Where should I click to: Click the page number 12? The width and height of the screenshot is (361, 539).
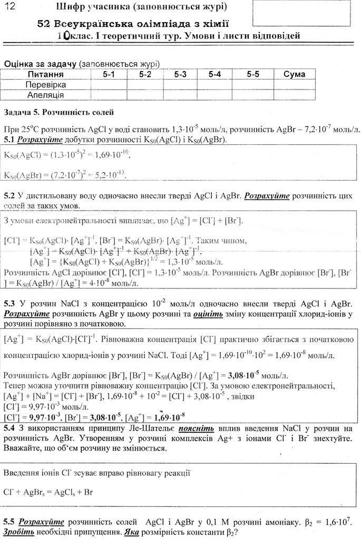point(11,7)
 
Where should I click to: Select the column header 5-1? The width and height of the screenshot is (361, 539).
point(109,74)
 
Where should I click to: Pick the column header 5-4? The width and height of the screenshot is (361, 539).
point(214,74)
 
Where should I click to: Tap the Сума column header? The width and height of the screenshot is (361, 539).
point(294,74)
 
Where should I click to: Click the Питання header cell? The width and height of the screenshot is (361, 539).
point(46,74)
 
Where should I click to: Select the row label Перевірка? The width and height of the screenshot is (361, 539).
point(46,85)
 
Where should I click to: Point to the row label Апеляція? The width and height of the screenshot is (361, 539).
point(46,95)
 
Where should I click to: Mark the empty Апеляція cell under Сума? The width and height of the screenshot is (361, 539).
point(294,95)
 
